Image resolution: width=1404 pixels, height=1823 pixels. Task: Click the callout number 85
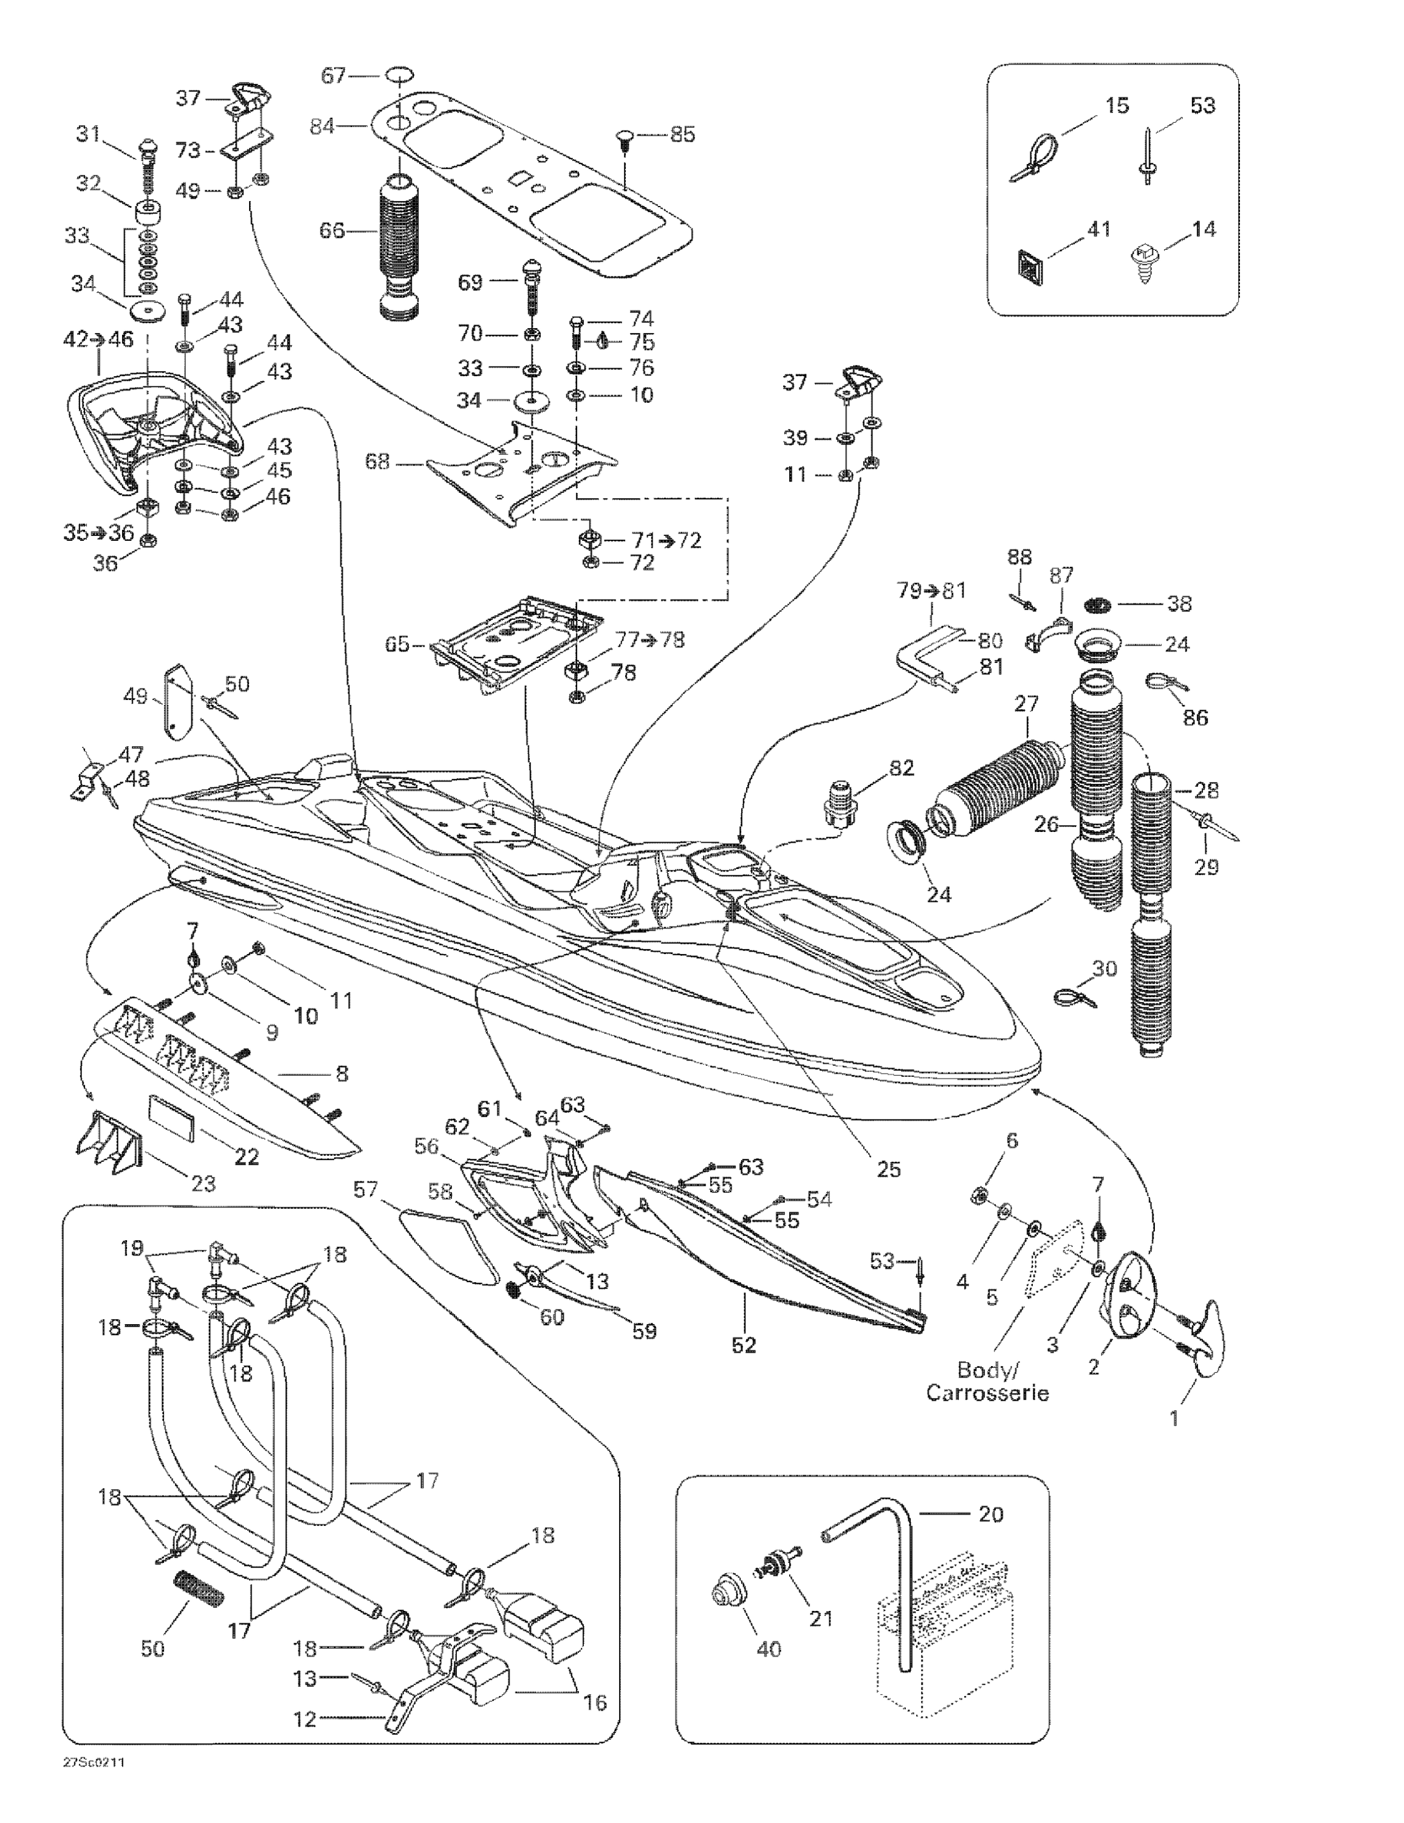click(x=682, y=134)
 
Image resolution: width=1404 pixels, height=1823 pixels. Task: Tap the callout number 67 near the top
click(x=333, y=76)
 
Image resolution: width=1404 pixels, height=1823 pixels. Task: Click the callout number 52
click(x=743, y=1345)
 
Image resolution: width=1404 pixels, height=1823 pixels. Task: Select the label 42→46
click(x=98, y=339)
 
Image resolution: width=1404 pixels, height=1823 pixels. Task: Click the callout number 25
click(x=888, y=1169)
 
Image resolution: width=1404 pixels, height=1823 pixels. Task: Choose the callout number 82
click(x=901, y=767)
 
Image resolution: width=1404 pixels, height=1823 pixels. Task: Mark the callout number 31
click(x=87, y=134)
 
